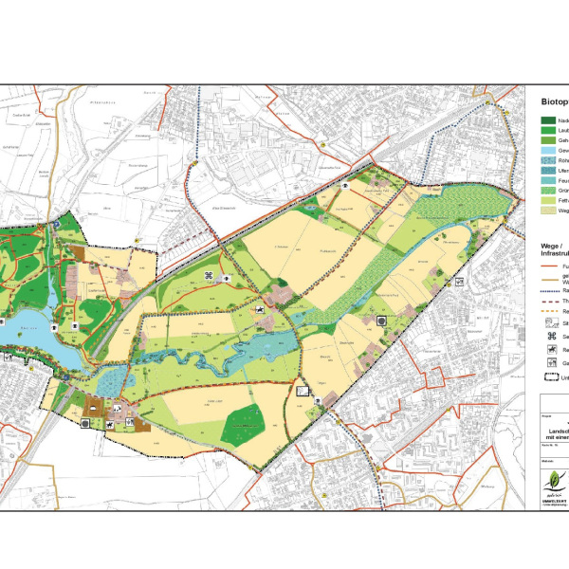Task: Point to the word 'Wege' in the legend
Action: pos(539,245)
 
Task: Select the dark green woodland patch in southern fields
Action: pos(241,424)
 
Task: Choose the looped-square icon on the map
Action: pos(209,276)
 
